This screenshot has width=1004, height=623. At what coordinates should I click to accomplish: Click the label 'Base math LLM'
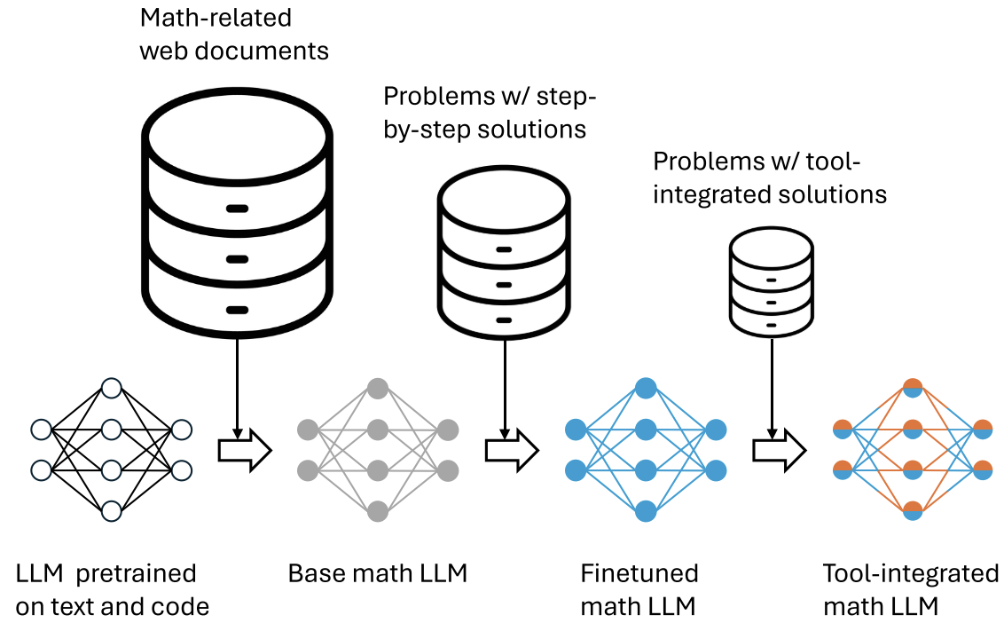click(378, 573)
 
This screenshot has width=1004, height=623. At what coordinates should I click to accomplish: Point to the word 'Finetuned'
click(639, 573)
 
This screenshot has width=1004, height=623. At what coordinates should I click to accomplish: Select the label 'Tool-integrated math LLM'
click(910, 590)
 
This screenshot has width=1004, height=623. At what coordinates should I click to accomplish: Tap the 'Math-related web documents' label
click(234, 34)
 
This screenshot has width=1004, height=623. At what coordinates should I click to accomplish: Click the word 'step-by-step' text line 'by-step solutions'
click(484, 129)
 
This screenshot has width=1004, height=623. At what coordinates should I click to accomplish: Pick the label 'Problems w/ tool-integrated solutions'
click(770, 177)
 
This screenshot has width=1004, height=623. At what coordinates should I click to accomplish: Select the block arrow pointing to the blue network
click(511, 451)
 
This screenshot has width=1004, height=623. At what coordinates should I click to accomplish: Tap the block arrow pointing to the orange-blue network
click(779, 451)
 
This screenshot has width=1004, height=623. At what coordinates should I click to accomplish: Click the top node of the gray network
click(378, 388)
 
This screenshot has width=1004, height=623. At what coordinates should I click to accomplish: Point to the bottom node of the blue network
click(645, 511)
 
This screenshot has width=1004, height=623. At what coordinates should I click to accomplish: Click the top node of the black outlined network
click(111, 388)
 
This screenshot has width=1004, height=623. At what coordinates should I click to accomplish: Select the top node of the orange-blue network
click(913, 388)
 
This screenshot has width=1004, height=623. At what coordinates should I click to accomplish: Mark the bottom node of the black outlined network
click(111, 511)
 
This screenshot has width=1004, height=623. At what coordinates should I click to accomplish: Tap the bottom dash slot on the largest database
click(237, 310)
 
